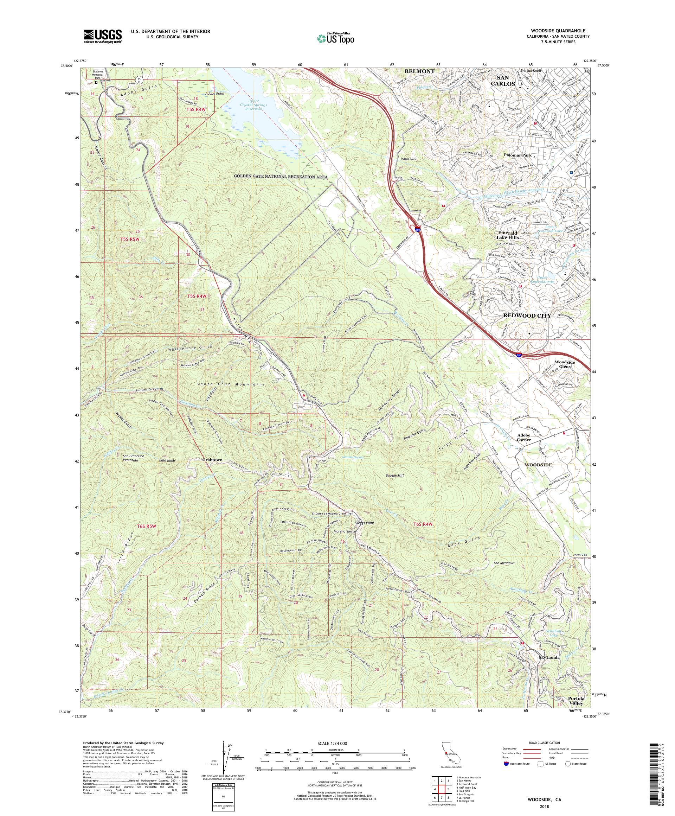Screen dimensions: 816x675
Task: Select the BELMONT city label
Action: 419,71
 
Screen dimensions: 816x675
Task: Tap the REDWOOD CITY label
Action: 527,315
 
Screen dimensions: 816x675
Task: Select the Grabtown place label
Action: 212,460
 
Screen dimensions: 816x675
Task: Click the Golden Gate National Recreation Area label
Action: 281,177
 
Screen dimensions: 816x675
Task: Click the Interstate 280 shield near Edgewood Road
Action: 417,230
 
